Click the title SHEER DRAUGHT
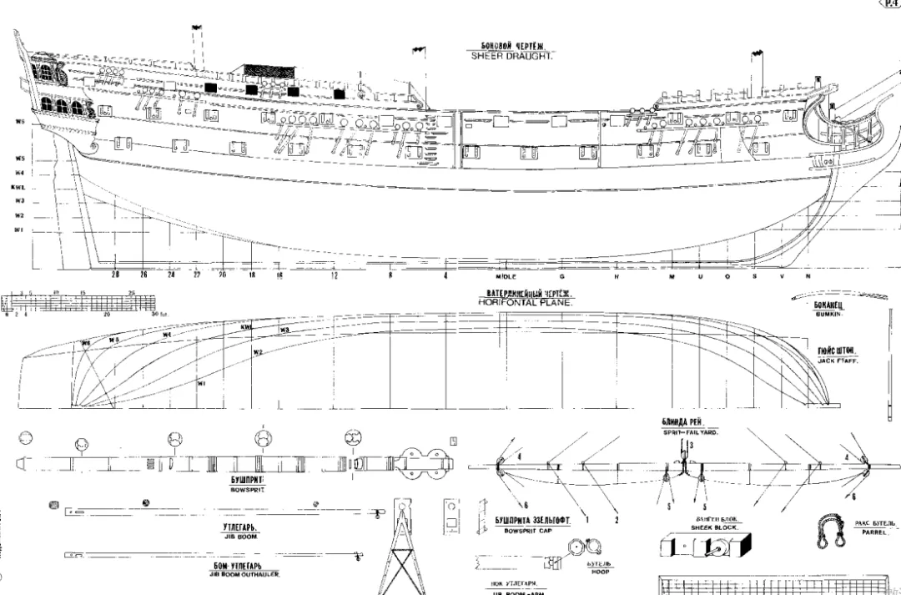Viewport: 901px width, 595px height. point(512,56)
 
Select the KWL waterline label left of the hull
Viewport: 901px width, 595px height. point(18,187)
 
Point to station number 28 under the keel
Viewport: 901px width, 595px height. point(115,275)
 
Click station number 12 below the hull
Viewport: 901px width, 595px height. point(334,275)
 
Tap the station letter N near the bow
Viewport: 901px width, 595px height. point(807,275)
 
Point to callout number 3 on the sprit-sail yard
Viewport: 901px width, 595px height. point(692,446)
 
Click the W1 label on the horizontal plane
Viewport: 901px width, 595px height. point(201,384)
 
